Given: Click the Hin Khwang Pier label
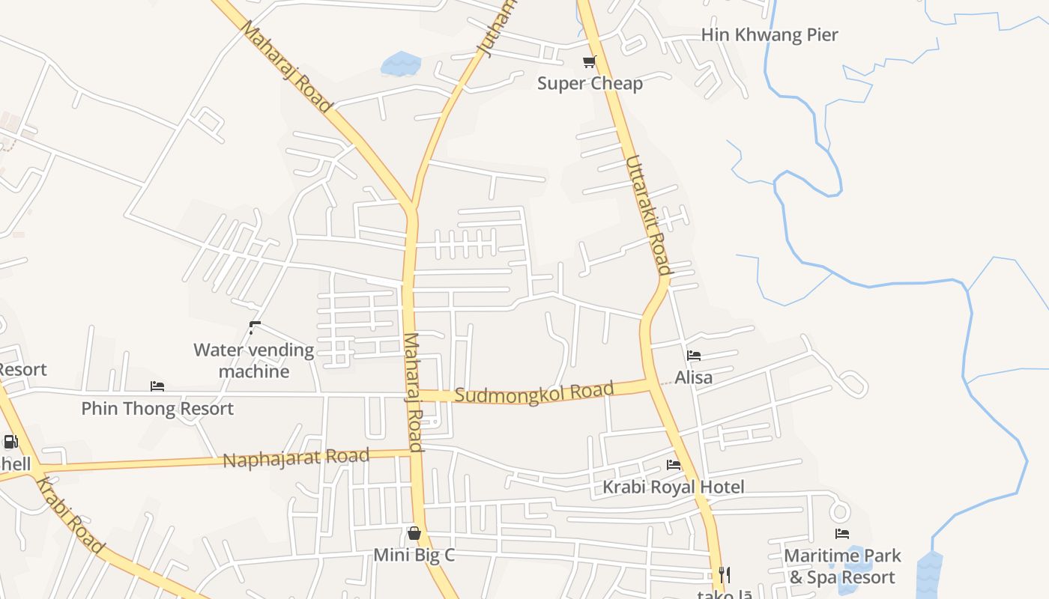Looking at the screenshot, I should tap(770, 35).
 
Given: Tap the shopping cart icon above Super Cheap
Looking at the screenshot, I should tap(590, 61).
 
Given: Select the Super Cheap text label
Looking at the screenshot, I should tap(590, 83).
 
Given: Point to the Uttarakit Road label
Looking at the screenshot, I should tap(649, 214).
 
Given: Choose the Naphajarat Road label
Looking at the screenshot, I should tap(297, 457).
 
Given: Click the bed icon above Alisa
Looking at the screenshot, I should tap(694, 356).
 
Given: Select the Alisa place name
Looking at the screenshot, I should tap(694, 377).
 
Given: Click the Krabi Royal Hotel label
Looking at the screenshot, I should tap(674, 487).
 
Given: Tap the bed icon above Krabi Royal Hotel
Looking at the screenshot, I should tap(674, 465).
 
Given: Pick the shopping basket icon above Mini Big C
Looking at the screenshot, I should tap(414, 533).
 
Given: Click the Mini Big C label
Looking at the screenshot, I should tap(414, 556).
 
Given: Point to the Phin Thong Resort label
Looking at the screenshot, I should tap(157, 409).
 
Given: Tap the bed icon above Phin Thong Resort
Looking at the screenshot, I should tap(157, 386).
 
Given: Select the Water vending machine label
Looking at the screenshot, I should tap(254, 360).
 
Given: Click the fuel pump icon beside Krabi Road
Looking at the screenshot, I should tap(10, 442).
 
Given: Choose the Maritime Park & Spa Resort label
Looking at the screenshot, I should tap(842, 567).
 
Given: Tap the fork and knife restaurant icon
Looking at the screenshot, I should tap(724, 575).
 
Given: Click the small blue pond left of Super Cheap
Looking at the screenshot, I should tap(402, 64).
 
